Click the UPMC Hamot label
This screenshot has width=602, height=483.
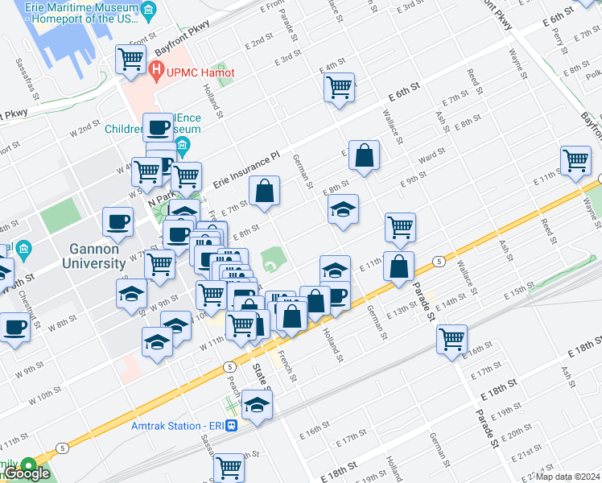tap(200, 72)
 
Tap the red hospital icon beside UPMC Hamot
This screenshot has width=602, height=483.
tap(157, 72)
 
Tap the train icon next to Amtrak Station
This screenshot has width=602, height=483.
tap(231, 425)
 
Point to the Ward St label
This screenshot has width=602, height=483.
tap(431, 154)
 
